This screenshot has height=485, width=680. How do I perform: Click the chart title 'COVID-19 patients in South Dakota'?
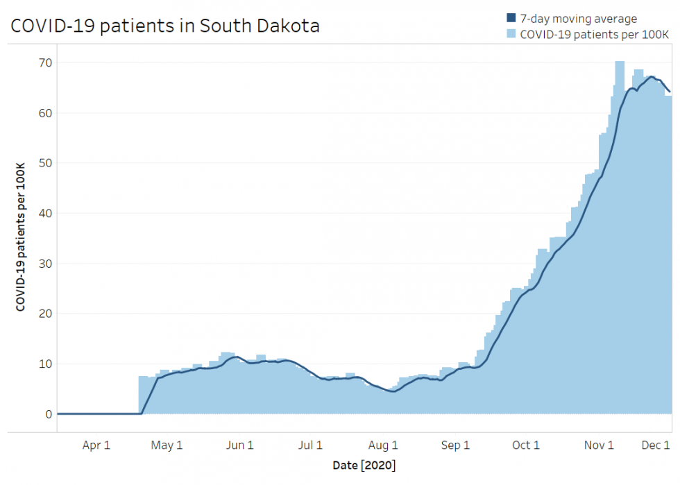point(164,26)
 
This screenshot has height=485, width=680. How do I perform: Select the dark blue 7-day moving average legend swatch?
point(511,19)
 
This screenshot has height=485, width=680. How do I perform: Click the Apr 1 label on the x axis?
point(96,445)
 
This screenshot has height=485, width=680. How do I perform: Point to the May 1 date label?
point(167,445)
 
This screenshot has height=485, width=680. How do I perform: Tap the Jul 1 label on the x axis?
point(310,445)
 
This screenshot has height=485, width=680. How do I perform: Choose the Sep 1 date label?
point(455,445)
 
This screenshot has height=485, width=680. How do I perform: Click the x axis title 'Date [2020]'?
point(364,464)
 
